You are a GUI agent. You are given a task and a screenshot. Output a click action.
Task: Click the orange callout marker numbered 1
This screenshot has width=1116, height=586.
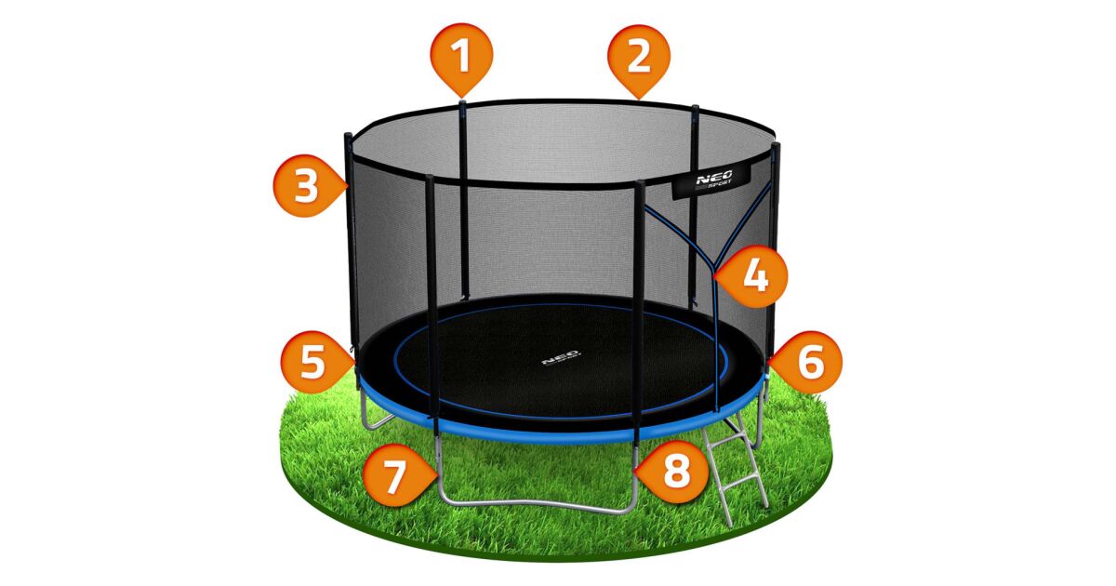(462, 59)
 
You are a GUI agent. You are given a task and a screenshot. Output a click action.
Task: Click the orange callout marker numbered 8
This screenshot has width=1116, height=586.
(671, 472)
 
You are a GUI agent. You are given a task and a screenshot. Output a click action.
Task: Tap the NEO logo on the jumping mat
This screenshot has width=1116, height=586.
(561, 358)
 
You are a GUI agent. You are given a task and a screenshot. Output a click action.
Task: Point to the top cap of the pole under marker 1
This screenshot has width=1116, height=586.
(462, 103)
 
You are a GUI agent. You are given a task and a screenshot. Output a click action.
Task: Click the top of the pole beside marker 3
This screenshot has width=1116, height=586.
(348, 136)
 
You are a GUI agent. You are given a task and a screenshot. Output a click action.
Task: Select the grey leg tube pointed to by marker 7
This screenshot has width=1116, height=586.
(438, 463)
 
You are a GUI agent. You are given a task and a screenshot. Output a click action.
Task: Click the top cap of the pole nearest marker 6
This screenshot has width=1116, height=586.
(776, 146)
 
